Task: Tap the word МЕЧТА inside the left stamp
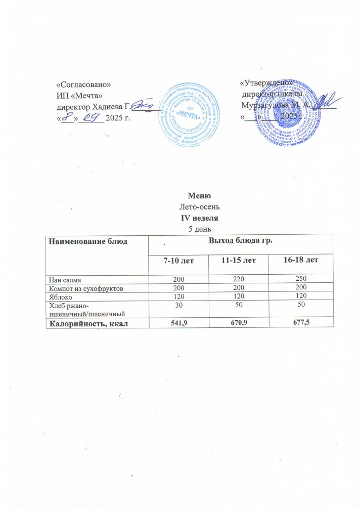point(191,114)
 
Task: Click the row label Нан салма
point(65,279)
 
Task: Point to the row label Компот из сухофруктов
point(85,287)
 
